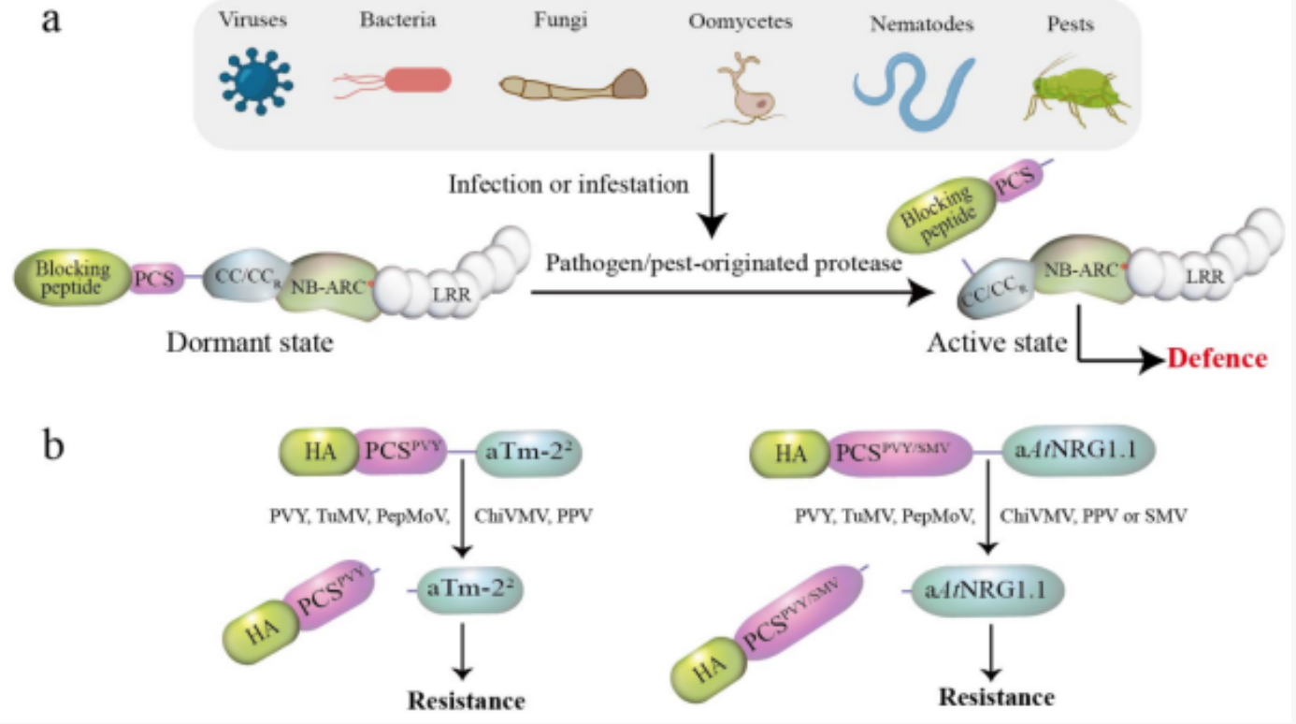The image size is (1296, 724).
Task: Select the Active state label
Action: (x=996, y=343)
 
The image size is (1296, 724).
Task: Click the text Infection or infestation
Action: (x=569, y=183)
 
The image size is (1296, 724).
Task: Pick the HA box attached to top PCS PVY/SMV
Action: (x=790, y=455)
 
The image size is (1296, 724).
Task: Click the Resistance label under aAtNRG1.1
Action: (x=996, y=697)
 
